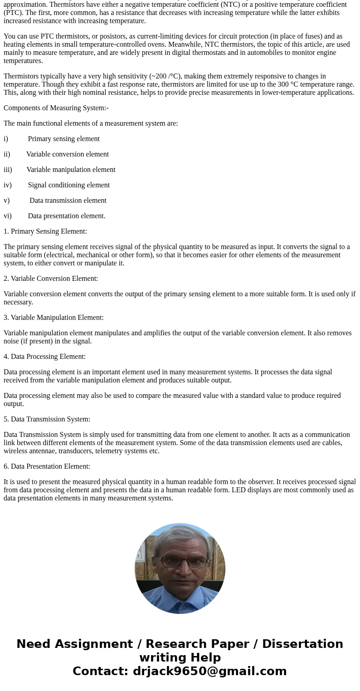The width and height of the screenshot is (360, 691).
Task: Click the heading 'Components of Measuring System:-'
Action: (x=56, y=108)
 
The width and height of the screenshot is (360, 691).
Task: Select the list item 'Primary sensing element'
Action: (x=63, y=139)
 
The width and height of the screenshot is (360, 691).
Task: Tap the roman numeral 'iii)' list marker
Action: (x=8, y=170)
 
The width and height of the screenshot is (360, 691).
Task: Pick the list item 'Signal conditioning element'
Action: (x=68, y=185)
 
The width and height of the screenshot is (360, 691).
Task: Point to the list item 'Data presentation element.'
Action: (x=67, y=216)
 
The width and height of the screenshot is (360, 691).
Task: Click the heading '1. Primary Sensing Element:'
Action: (x=45, y=231)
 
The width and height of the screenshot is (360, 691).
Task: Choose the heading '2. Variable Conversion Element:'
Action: (x=51, y=279)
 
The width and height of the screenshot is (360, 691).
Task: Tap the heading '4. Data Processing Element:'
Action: (x=44, y=357)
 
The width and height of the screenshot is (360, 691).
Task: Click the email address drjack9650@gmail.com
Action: (x=209, y=671)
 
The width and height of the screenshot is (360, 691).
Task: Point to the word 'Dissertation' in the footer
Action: (x=302, y=644)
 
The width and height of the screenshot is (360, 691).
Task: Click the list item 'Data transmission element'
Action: (x=68, y=201)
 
